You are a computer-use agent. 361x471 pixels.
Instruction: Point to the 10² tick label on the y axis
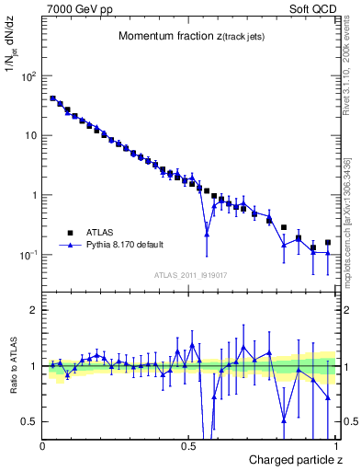[x=28, y=76]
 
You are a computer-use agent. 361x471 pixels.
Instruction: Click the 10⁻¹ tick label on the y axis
[x=28, y=255]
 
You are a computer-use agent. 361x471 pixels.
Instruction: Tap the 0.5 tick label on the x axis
[x=189, y=446]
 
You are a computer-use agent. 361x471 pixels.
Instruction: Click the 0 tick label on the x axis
[x=44, y=446]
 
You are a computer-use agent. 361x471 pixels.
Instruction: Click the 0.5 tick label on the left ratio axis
[x=30, y=421]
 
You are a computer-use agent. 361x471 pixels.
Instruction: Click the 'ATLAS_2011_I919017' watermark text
[x=188, y=274]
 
